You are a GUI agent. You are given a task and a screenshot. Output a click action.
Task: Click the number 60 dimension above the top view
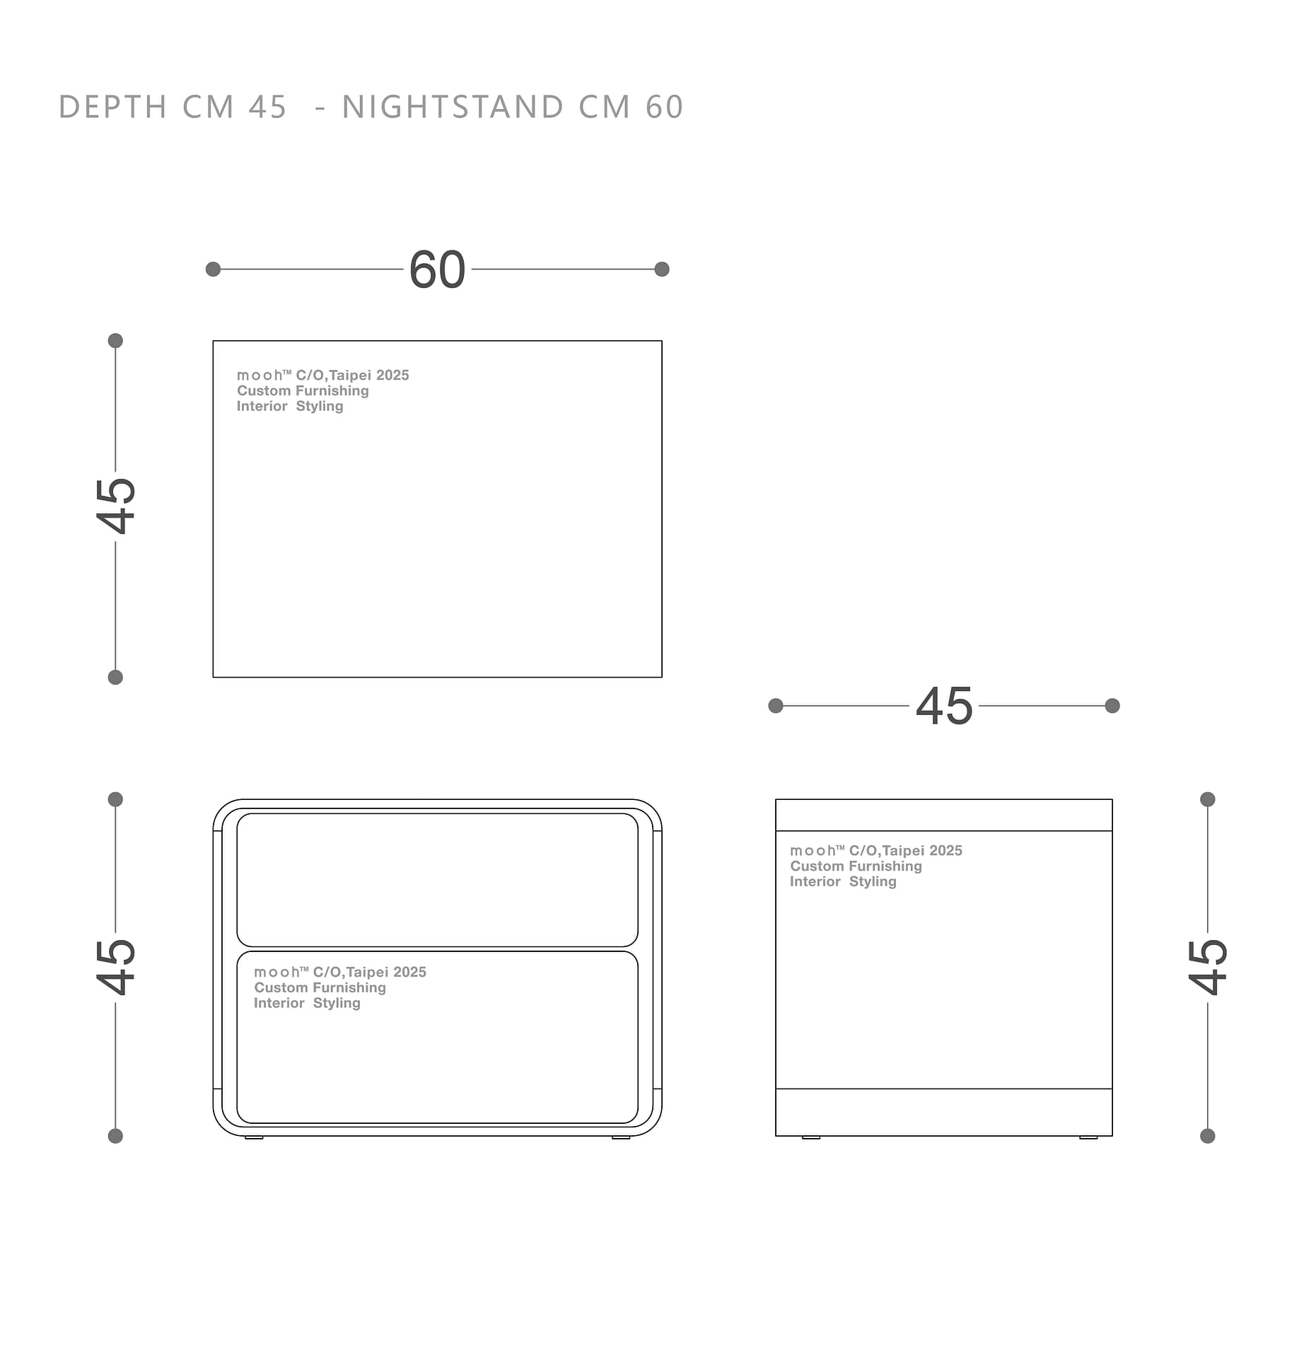437,269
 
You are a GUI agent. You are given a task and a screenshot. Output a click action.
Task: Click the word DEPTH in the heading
113,108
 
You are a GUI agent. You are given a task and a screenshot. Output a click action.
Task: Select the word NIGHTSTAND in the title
453,108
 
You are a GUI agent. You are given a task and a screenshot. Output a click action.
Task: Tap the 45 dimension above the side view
944,706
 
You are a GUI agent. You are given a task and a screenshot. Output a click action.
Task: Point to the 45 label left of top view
116,506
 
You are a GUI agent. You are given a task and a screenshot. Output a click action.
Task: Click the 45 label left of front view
116,967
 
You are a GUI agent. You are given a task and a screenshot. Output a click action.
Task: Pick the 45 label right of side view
1208,967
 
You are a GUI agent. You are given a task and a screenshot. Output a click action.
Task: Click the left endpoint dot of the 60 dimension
213,269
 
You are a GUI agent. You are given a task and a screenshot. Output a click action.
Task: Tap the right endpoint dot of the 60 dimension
662,269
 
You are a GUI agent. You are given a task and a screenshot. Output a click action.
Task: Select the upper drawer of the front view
437,880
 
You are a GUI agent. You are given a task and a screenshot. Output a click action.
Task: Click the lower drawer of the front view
437,1038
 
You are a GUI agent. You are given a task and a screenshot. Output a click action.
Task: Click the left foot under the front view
254,1137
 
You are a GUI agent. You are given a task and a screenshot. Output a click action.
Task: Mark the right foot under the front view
621,1137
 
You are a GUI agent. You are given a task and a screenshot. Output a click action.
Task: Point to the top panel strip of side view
944,815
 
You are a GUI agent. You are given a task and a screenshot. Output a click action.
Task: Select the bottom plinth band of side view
944,1112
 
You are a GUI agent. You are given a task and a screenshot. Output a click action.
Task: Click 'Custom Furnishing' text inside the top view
303,390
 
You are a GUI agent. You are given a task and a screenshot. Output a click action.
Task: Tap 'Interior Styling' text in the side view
843,881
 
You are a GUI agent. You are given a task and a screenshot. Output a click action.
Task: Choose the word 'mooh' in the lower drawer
276,973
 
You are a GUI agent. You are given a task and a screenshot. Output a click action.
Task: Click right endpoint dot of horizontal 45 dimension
1112,706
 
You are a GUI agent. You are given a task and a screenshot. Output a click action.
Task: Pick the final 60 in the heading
665,108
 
